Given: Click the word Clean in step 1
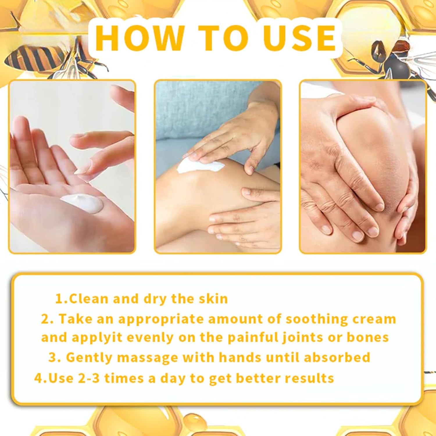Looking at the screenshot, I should click(x=89, y=299).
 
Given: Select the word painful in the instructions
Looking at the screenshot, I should click(x=253, y=338).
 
